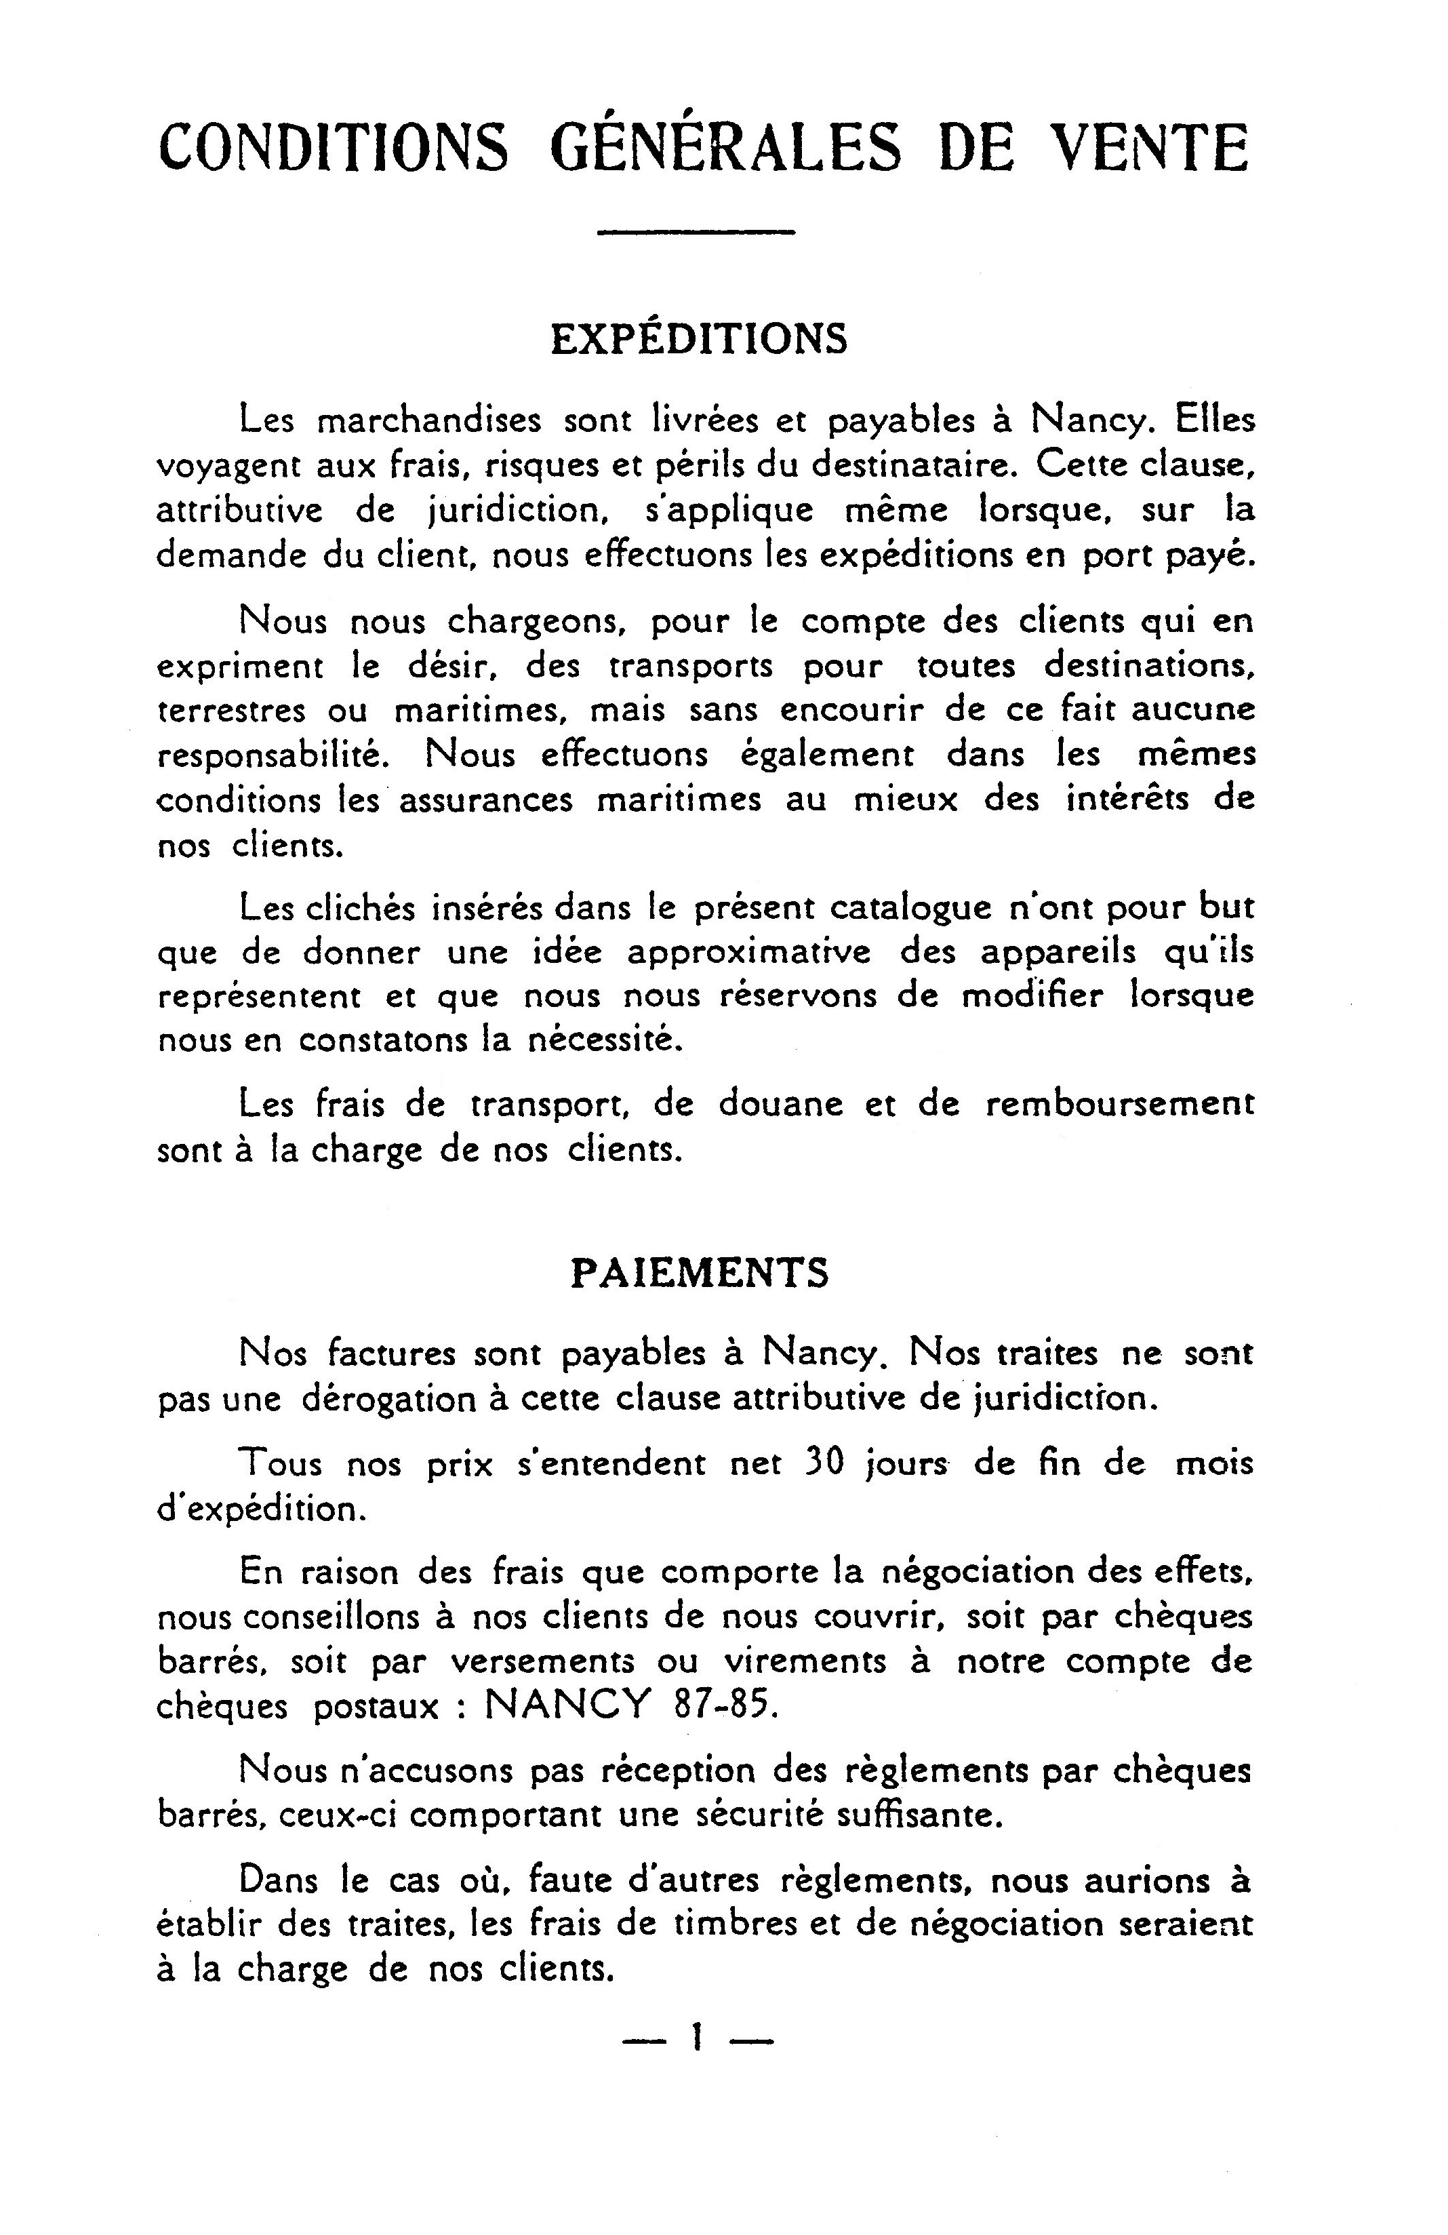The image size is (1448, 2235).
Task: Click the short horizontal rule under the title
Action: (696, 231)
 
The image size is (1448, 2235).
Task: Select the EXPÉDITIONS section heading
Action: (699, 340)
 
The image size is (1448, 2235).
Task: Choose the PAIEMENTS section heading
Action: (700, 1273)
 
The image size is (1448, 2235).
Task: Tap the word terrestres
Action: (231, 711)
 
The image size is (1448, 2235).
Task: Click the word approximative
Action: (748, 953)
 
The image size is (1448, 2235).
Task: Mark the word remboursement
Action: (1119, 1105)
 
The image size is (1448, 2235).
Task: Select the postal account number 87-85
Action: (726, 1705)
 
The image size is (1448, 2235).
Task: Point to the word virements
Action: (805, 1661)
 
